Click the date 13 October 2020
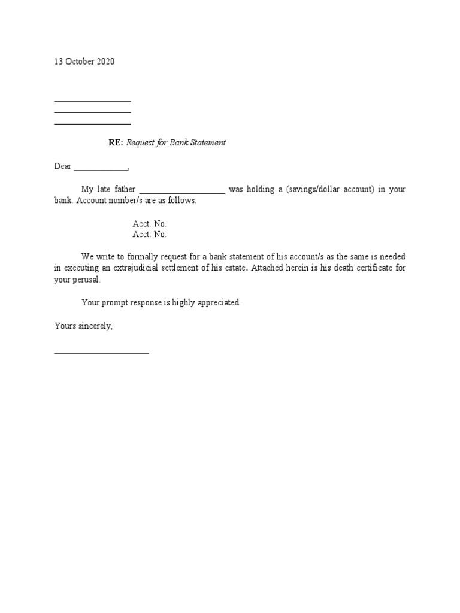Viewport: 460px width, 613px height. coord(84,62)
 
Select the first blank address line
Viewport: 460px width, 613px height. coord(92,101)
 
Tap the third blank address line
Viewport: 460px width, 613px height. coord(92,124)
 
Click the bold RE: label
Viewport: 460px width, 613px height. coord(115,143)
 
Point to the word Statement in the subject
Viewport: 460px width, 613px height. coord(207,143)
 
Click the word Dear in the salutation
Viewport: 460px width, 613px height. coord(63,166)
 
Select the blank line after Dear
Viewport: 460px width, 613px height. coord(100,169)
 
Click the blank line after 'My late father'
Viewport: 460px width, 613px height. coord(182,192)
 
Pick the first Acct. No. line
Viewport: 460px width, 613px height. coord(150,223)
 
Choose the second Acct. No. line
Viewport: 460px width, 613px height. coord(150,235)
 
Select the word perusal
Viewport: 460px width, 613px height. coord(88,280)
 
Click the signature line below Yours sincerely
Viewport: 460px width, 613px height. coord(101,353)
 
